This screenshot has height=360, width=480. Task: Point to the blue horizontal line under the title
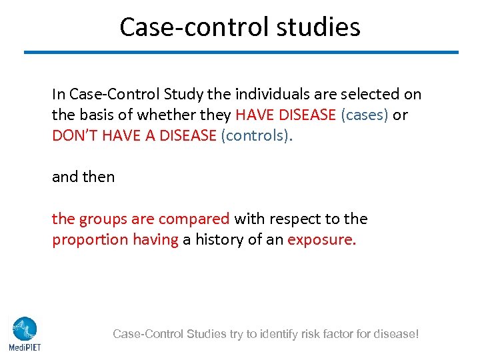241,52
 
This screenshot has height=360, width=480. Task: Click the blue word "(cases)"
365,115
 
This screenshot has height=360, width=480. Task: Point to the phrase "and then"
83,177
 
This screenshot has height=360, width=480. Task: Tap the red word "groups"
100,219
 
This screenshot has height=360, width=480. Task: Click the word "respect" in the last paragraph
293,219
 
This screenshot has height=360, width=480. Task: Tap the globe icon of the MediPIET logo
25,329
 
